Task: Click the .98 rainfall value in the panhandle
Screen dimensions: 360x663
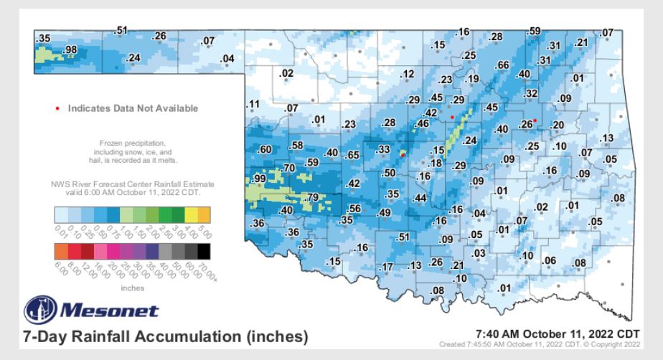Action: pos(70,49)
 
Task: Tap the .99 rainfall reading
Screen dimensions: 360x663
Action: pos(258,178)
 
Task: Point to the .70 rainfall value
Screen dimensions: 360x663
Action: pos(288,168)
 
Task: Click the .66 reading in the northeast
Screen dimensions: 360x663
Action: pos(502,65)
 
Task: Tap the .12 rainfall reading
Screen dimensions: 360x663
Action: pos(408,75)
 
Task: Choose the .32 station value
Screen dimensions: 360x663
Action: pos(531,93)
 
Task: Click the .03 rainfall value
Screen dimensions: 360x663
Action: pos(479,253)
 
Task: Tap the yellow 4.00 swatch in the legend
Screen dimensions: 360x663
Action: pos(192,214)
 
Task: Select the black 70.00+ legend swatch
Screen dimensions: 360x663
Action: pos(204,250)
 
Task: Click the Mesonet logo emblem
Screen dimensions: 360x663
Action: pos(38,311)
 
